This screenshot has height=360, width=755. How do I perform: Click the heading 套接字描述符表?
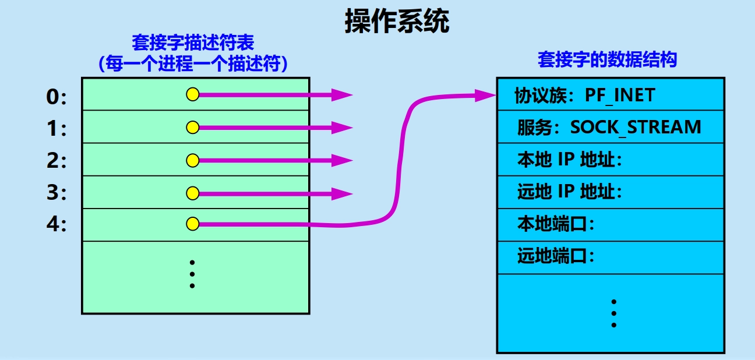pyautogui.click(x=193, y=43)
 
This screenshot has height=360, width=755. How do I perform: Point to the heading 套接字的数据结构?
pyautogui.click(x=607, y=59)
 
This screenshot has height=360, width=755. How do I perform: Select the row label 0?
pyautogui.click(x=57, y=98)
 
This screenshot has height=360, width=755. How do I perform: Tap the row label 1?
pyautogui.click(x=57, y=129)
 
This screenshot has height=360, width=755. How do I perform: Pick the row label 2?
pyautogui.click(x=57, y=161)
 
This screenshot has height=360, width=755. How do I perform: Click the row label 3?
pyautogui.click(x=57, y=193)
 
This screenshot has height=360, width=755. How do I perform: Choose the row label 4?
pyautogui.click(x=57, y=224)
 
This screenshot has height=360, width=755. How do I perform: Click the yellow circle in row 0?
pyautogui.click(x=193, y=94)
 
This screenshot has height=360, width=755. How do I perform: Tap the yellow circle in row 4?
pyautogui.click(x=193, y=224)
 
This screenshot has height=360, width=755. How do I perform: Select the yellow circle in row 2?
pyautogui.click(x=193, y=159)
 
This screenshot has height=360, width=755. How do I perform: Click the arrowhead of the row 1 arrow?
pyautogui.click(x=343, y=127)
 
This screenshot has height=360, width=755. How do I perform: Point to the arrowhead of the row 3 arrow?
pyautogui.click(x=343, y=193)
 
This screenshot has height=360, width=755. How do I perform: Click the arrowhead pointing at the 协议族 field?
pyautogui.click(x=485, y=95)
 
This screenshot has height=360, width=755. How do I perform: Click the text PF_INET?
pyautogui.click(x=620, y=95)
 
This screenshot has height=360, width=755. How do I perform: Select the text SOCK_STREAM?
pyautogui.click(x=635, y=127)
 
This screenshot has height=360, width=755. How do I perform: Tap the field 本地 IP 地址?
pyautogui.click(x=569, y=159)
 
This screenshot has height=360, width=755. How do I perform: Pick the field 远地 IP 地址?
pyautogui.click(x=569, y=191)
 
